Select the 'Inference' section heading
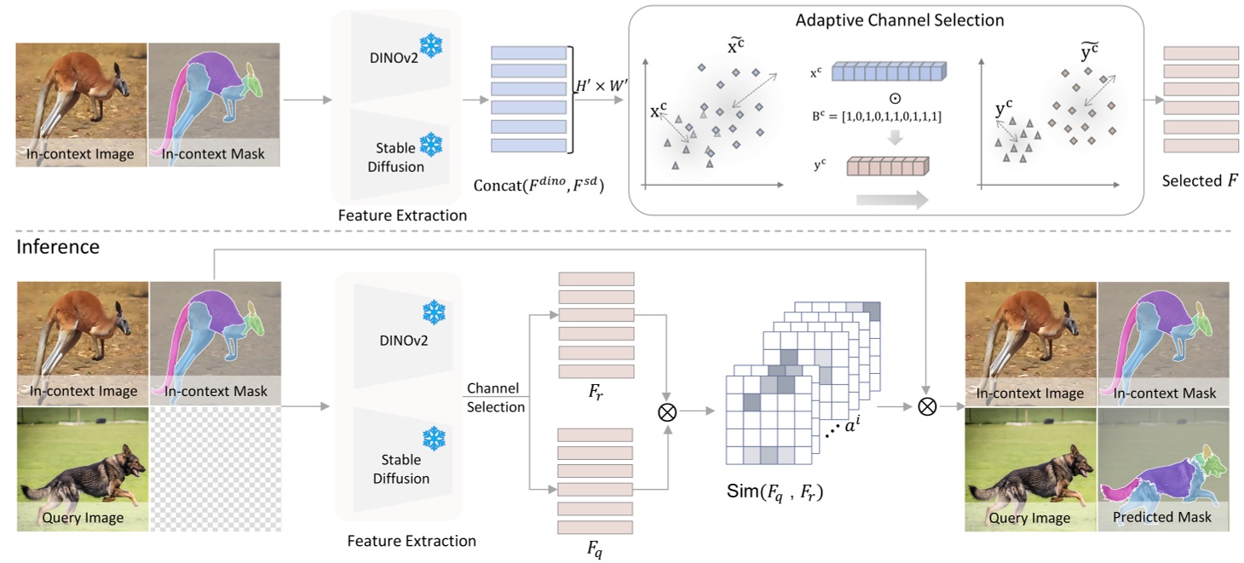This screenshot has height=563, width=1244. click(58, 247)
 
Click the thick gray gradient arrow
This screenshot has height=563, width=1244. click(891, 200)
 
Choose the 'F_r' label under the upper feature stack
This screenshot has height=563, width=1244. click(596, 394)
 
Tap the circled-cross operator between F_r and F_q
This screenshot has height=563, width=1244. click(667, 411)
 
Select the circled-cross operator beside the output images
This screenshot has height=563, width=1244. click(926, 407)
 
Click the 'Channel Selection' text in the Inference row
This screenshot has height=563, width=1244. click(496, 398)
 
